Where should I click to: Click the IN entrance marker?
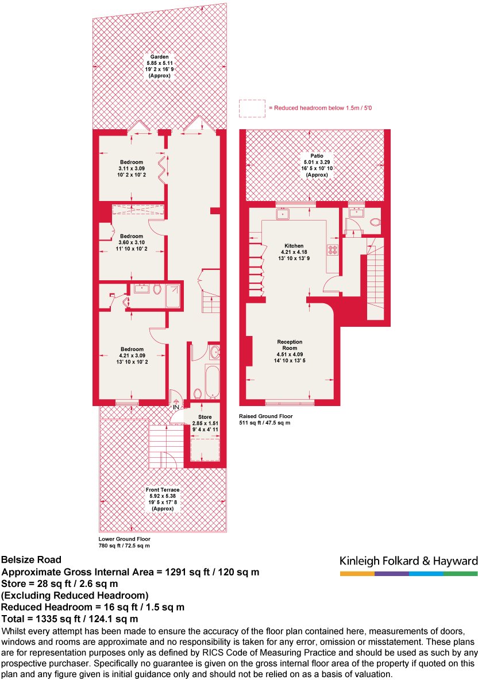(x=175, y=407)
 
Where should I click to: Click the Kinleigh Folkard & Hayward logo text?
(x=408, y=561)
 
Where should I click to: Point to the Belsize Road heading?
(x=31, y=559)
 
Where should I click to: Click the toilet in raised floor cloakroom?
(x=375, y=222)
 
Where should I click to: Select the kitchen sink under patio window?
(x=283, y=214)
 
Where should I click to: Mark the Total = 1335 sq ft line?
(x=70, y=619)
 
